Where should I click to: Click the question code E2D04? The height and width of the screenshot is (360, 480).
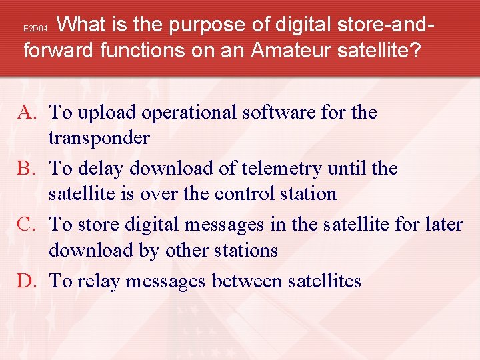pos(35,29)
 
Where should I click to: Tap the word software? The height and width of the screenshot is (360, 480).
pos(275,113)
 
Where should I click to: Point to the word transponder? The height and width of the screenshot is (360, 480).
pos(99,137)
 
